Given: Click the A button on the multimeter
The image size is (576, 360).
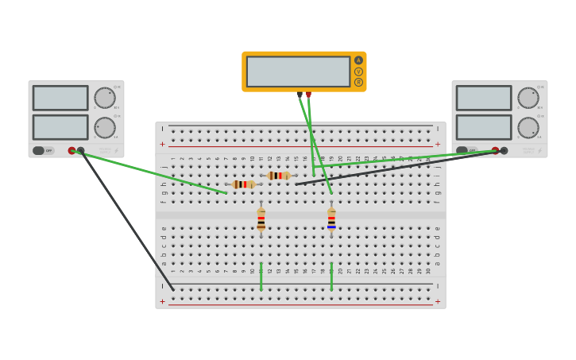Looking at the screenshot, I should point(358,60).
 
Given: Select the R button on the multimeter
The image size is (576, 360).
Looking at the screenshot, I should point(358,82).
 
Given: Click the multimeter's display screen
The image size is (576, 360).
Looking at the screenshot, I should point(298,72).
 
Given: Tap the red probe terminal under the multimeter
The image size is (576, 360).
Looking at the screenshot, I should point(309,95).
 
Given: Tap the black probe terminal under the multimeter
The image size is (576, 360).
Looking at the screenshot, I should point(300,95).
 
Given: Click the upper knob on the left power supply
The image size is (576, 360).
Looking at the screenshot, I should point(105,98).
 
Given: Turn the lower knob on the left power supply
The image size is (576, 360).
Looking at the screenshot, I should point(105,127).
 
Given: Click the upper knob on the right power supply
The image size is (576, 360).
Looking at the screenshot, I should point(528,98).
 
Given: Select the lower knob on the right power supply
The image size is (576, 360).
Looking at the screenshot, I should point(528,127).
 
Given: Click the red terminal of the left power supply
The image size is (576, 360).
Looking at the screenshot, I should point(72,150).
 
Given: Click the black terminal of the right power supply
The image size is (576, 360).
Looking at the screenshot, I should point(504,150).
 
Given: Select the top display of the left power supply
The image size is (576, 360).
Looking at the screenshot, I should point(60,98).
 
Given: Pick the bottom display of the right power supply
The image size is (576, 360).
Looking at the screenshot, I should point(484,127).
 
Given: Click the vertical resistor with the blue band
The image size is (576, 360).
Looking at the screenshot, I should point(331,219).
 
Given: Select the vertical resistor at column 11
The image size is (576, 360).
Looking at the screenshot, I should point(261,219).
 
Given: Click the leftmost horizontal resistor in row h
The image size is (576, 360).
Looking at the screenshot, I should point(243,184).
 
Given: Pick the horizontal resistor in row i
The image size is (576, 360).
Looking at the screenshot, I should point(278,176).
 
